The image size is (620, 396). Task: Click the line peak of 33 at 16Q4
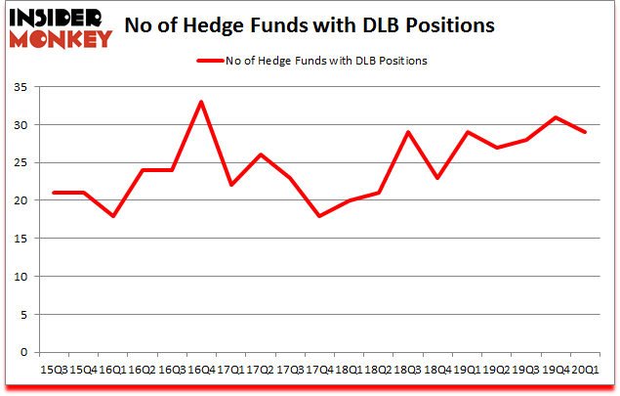pos(201,102)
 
